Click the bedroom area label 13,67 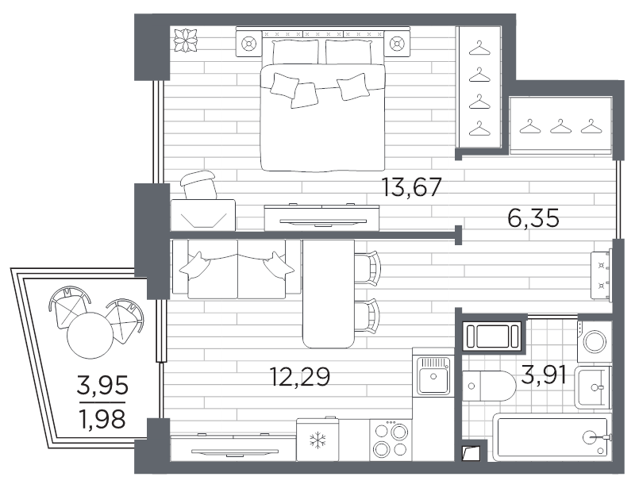[411, 187]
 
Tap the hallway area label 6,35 [533, 218]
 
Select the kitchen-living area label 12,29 [300, 377]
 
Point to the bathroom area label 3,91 [544, 375]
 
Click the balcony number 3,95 [103, 385]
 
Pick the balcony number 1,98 [103, 419]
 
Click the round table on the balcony [90, 336]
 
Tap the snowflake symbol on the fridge [318, 440]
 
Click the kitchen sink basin [433, 376]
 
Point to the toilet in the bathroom [489, 386]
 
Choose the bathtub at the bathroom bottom [552, 437]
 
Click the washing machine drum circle [595, 342]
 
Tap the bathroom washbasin [594, 387]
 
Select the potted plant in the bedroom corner [186, 40]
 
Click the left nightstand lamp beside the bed [248, 43]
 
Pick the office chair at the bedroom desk [198, 185]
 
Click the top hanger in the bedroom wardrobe [479, 48]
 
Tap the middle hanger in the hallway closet [560, 126]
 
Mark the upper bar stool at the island [368, 267]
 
